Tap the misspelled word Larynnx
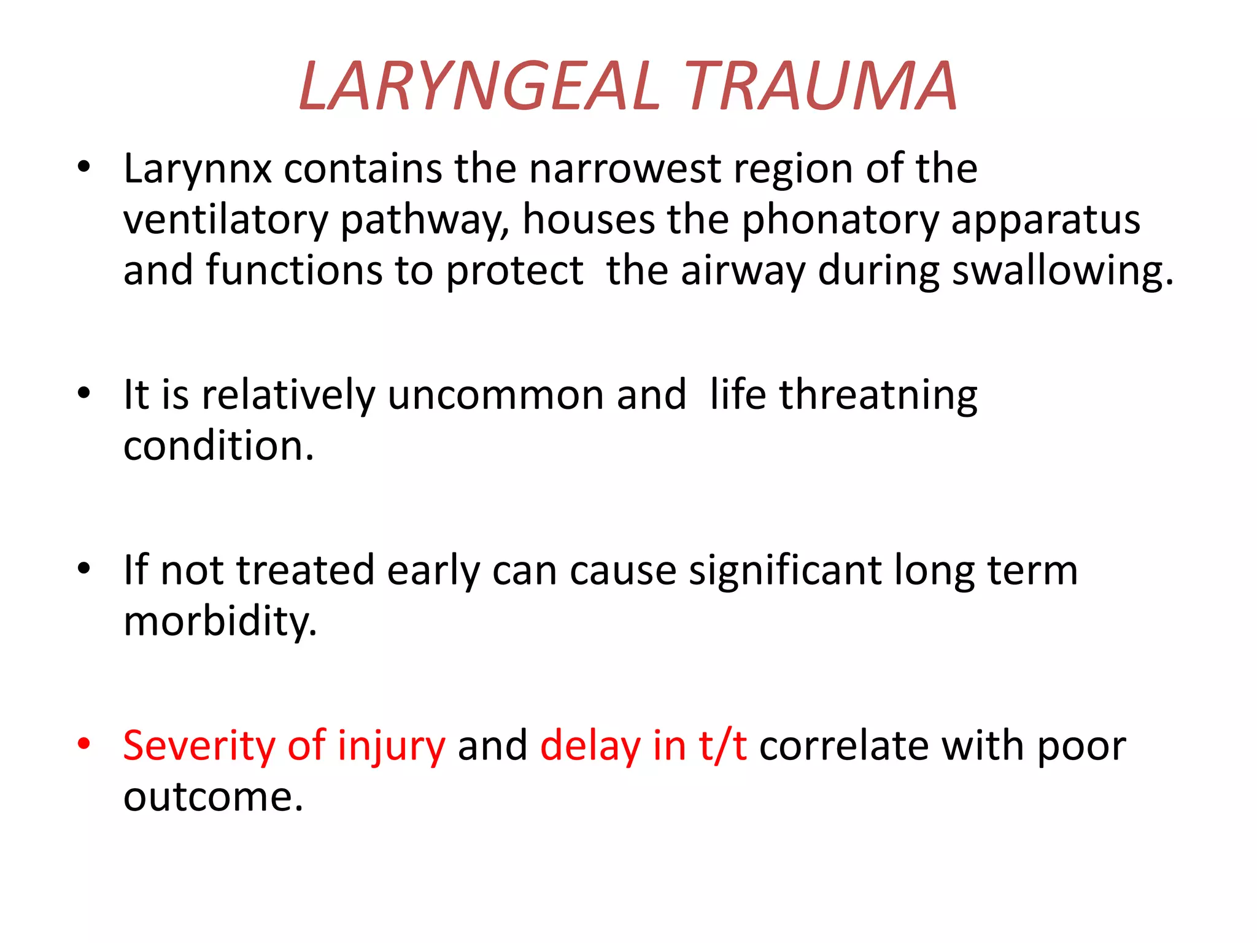(197, 169)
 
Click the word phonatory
(840, 220)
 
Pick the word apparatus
(1045, 220)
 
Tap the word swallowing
(1062, 271)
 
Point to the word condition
(219, 446)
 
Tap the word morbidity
(220, 622)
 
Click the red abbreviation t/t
(722, 746)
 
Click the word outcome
(213, 797)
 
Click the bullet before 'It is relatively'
(84, 394)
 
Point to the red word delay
(590, 746)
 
